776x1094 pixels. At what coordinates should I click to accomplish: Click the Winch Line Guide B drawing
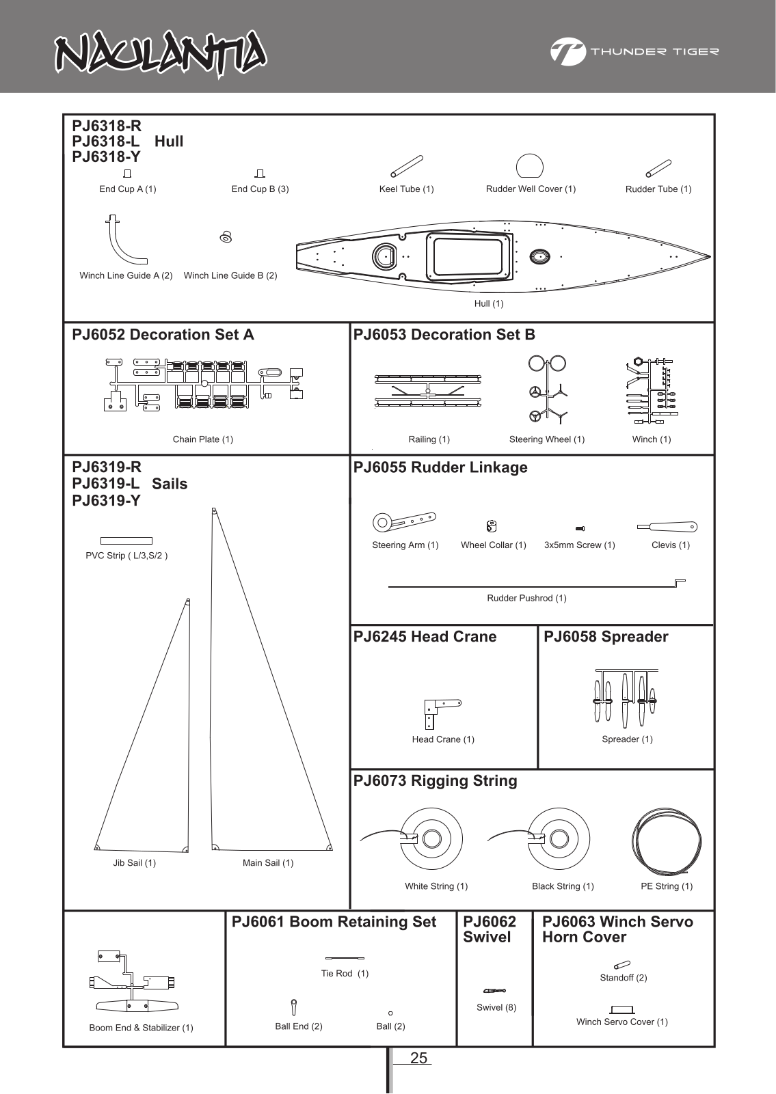pyautogui.click(x=226, y=237)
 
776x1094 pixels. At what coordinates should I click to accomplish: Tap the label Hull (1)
pyautogui.click(x=489, y=303)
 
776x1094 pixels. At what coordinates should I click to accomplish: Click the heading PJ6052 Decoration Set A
pyautogui.click(x=163, y=335)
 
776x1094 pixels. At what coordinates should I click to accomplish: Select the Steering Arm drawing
pyautogui.click(x=404, y=522)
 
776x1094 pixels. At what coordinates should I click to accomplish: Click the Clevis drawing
pyautogui.click(x=667, y=527)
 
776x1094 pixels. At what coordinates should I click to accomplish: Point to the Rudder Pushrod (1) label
pyautogui.click(x=526, y=599)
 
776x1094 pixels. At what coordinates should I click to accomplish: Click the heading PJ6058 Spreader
pyautogui.click(x=606, y=637)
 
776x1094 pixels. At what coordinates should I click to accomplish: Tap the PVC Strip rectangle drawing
pyautogui.click(x=126, y=541)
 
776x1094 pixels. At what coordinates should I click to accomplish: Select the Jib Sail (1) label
pyautogui.click(x=135, y=863)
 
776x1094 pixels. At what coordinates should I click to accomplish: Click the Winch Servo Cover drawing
pyautogui.click(x=622, y=1009)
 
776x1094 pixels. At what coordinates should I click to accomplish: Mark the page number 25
pyautogui.click(x=418, y=1058)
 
